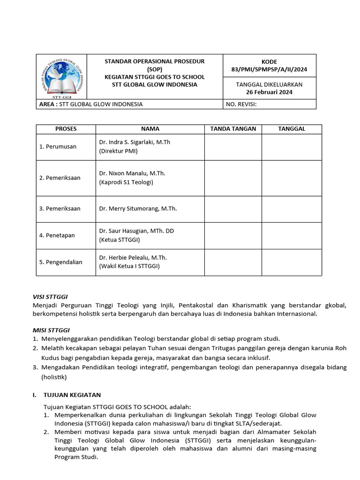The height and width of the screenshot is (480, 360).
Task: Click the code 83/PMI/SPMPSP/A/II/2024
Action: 269,69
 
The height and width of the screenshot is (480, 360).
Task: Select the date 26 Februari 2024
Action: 269,92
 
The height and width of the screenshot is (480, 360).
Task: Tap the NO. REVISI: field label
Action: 241,104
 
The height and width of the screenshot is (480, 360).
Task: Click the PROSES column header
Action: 66,129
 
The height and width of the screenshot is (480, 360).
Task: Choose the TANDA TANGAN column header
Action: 233,129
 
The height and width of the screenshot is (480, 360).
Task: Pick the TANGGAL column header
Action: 292,129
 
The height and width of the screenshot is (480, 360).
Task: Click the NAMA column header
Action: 150,129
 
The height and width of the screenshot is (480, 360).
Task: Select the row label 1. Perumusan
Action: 58,147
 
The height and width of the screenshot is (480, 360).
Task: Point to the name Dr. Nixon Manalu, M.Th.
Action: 132,173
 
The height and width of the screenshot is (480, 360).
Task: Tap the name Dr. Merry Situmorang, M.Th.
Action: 138,209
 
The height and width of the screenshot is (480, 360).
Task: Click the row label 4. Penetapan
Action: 57,235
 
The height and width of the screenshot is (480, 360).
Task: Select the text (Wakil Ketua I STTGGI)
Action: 129,266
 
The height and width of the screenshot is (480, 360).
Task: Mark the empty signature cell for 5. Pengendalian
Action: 233,262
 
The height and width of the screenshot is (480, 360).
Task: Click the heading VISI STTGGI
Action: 50,297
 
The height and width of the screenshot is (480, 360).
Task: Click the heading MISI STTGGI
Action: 51,330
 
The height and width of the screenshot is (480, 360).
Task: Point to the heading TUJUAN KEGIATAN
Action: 72,395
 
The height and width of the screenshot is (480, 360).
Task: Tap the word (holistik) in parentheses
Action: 54,377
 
